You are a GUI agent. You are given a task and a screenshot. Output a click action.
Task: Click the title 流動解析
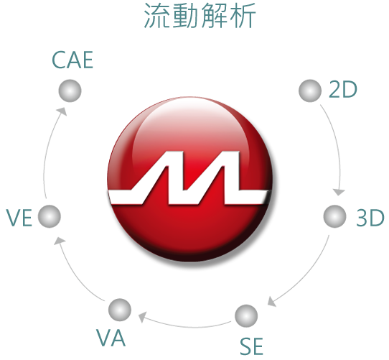[200, 16]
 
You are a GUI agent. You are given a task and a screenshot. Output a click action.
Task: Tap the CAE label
[72, 60]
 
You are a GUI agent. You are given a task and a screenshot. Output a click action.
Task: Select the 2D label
[343, 89]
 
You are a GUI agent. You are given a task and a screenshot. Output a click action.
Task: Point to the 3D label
[370, 218]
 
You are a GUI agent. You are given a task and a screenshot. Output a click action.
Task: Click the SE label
[251, 346]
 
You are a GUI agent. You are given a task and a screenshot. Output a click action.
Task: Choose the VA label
[111, 338]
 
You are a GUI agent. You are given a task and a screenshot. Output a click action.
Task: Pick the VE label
[19, 218]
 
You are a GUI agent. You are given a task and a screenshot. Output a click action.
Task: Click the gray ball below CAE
[70, 91]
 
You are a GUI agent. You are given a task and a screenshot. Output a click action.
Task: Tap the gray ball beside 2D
[310, 91]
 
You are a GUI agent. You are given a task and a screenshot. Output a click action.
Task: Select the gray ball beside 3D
[334, 216]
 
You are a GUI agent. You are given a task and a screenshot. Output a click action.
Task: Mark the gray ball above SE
[246, 316]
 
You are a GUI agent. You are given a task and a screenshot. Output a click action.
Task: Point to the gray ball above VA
[120, 310]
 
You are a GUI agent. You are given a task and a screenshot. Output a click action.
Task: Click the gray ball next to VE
[50, 216]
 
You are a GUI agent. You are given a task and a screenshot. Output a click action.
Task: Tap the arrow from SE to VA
[189, 327]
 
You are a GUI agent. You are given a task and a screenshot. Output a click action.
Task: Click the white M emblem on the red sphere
[189, 178]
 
